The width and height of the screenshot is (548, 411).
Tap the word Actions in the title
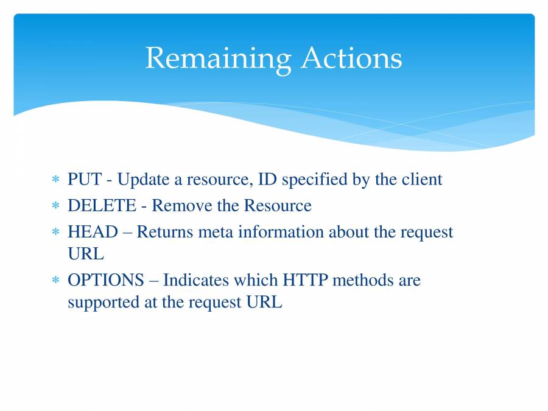click(x=351, y=58)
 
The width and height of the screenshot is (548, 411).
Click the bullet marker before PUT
click(x=55, y=180)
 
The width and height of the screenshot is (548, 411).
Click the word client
click(x=421, y=180)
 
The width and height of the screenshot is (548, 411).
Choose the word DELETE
click(x=102, y=206)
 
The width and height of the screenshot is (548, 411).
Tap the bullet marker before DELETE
click(x=55, y=206)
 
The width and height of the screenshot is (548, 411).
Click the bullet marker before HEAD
click(x=55, y=233)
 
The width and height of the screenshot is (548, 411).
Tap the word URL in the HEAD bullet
click(x=85, y=254)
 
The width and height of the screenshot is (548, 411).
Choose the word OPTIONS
click(x=105, y=280)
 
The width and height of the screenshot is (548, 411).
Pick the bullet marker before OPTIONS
click(x=55, y=281)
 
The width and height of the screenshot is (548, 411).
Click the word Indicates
click(x=198, y=280)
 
